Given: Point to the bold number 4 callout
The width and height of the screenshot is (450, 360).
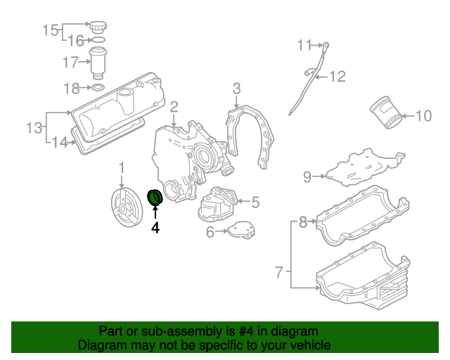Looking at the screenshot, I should click(x=155, y=228).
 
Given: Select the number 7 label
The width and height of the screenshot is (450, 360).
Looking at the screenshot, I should click(x=279, y=271).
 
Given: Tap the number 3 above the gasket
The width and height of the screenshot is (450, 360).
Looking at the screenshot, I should click(x=237, y=88).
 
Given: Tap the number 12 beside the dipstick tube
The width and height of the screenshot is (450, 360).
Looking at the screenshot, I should click(x=337, y=76).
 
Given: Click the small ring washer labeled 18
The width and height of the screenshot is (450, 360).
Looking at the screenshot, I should click(x=98, y=89).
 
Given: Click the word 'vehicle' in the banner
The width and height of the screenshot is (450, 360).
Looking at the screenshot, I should click(x=307, y=345).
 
